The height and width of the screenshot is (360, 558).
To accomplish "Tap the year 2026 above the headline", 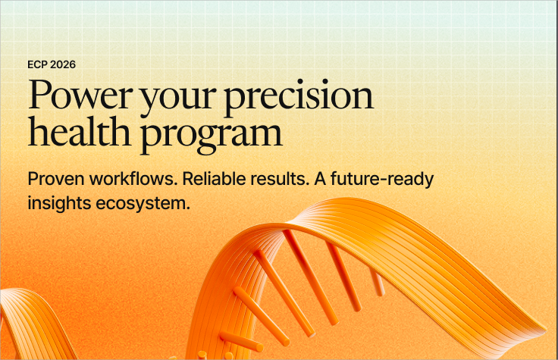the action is pyautogui.click(x=63, y=64).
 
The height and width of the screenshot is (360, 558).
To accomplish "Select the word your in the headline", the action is pyautogui.click(x=178, y=99).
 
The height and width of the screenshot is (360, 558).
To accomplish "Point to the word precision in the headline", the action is pyautogui.click(x=299, y=97).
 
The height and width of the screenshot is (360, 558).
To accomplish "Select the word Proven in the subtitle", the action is pyautogui.click(x=56, y=179).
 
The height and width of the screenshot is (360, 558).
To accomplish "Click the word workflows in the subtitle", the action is pyautogui.click(x=133, y=179).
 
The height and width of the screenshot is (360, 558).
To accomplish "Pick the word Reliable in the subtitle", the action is pyautogui.click(x=214, y=179).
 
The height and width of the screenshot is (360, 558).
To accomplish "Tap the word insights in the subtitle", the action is pyautogui.click(x=59, y=204).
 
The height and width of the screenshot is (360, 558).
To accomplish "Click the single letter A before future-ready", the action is pyautogui.click(x=320, y=179).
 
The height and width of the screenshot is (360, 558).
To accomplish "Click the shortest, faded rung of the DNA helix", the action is pyautogui.click(x=378, y=283).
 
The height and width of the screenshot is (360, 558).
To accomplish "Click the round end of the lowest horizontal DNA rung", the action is pyautogui.click(x=259, y=348).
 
